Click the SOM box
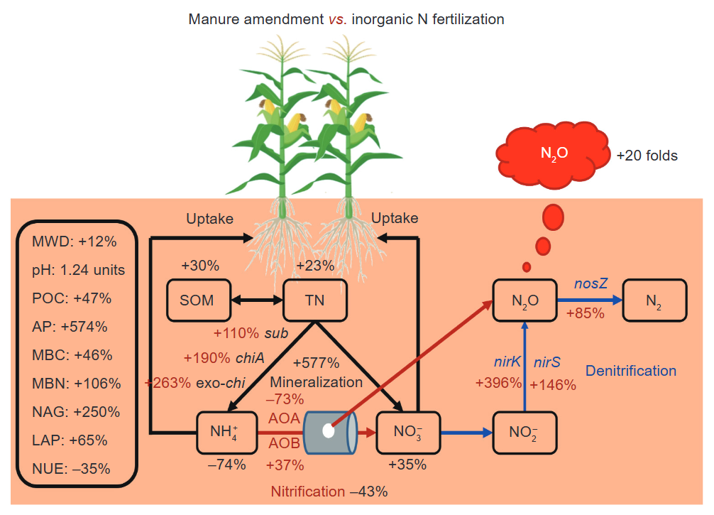click(197, 300)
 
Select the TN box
click(314, 300)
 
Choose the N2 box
click(654, 300)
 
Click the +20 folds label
click(647, 155)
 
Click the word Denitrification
click(631, 370)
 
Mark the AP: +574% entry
click(70, 327)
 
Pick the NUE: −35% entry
click(71, 469)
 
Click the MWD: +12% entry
click(74, 242)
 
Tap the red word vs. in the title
click(338, 19)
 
